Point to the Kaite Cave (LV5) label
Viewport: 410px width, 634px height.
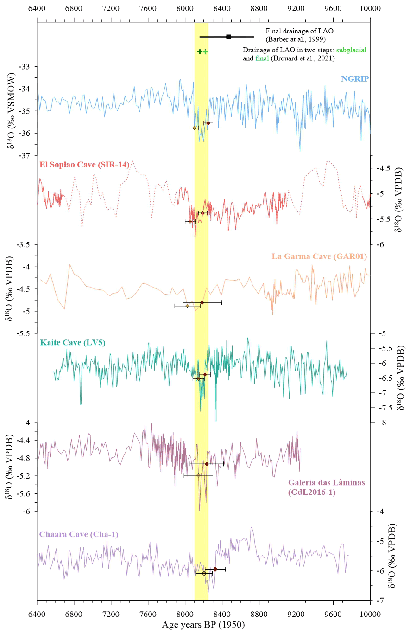coord(73,343)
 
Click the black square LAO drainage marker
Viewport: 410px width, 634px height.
coord(228,37)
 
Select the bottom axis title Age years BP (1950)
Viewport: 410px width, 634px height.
coord(203,625)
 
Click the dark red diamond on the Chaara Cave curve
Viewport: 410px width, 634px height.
coord(215,569)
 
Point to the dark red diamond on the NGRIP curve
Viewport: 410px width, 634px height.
coord(208,123)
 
